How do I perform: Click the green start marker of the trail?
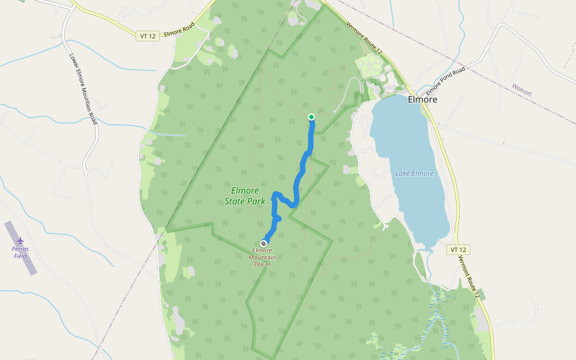tap(311, 117)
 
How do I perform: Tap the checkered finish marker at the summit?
tap(263, 244)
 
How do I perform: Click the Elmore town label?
tap(422, 100)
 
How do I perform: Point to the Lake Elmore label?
tap(414, 173)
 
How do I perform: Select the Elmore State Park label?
tap(245, 196)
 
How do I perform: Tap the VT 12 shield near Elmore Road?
tap(148, 36)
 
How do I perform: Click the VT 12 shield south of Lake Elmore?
tap(457, 249)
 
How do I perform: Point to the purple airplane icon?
tap(20, 241)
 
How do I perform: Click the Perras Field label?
tap(20, 252)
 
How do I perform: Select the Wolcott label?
tap(521, 89)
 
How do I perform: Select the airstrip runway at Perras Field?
tap(20, 248)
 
